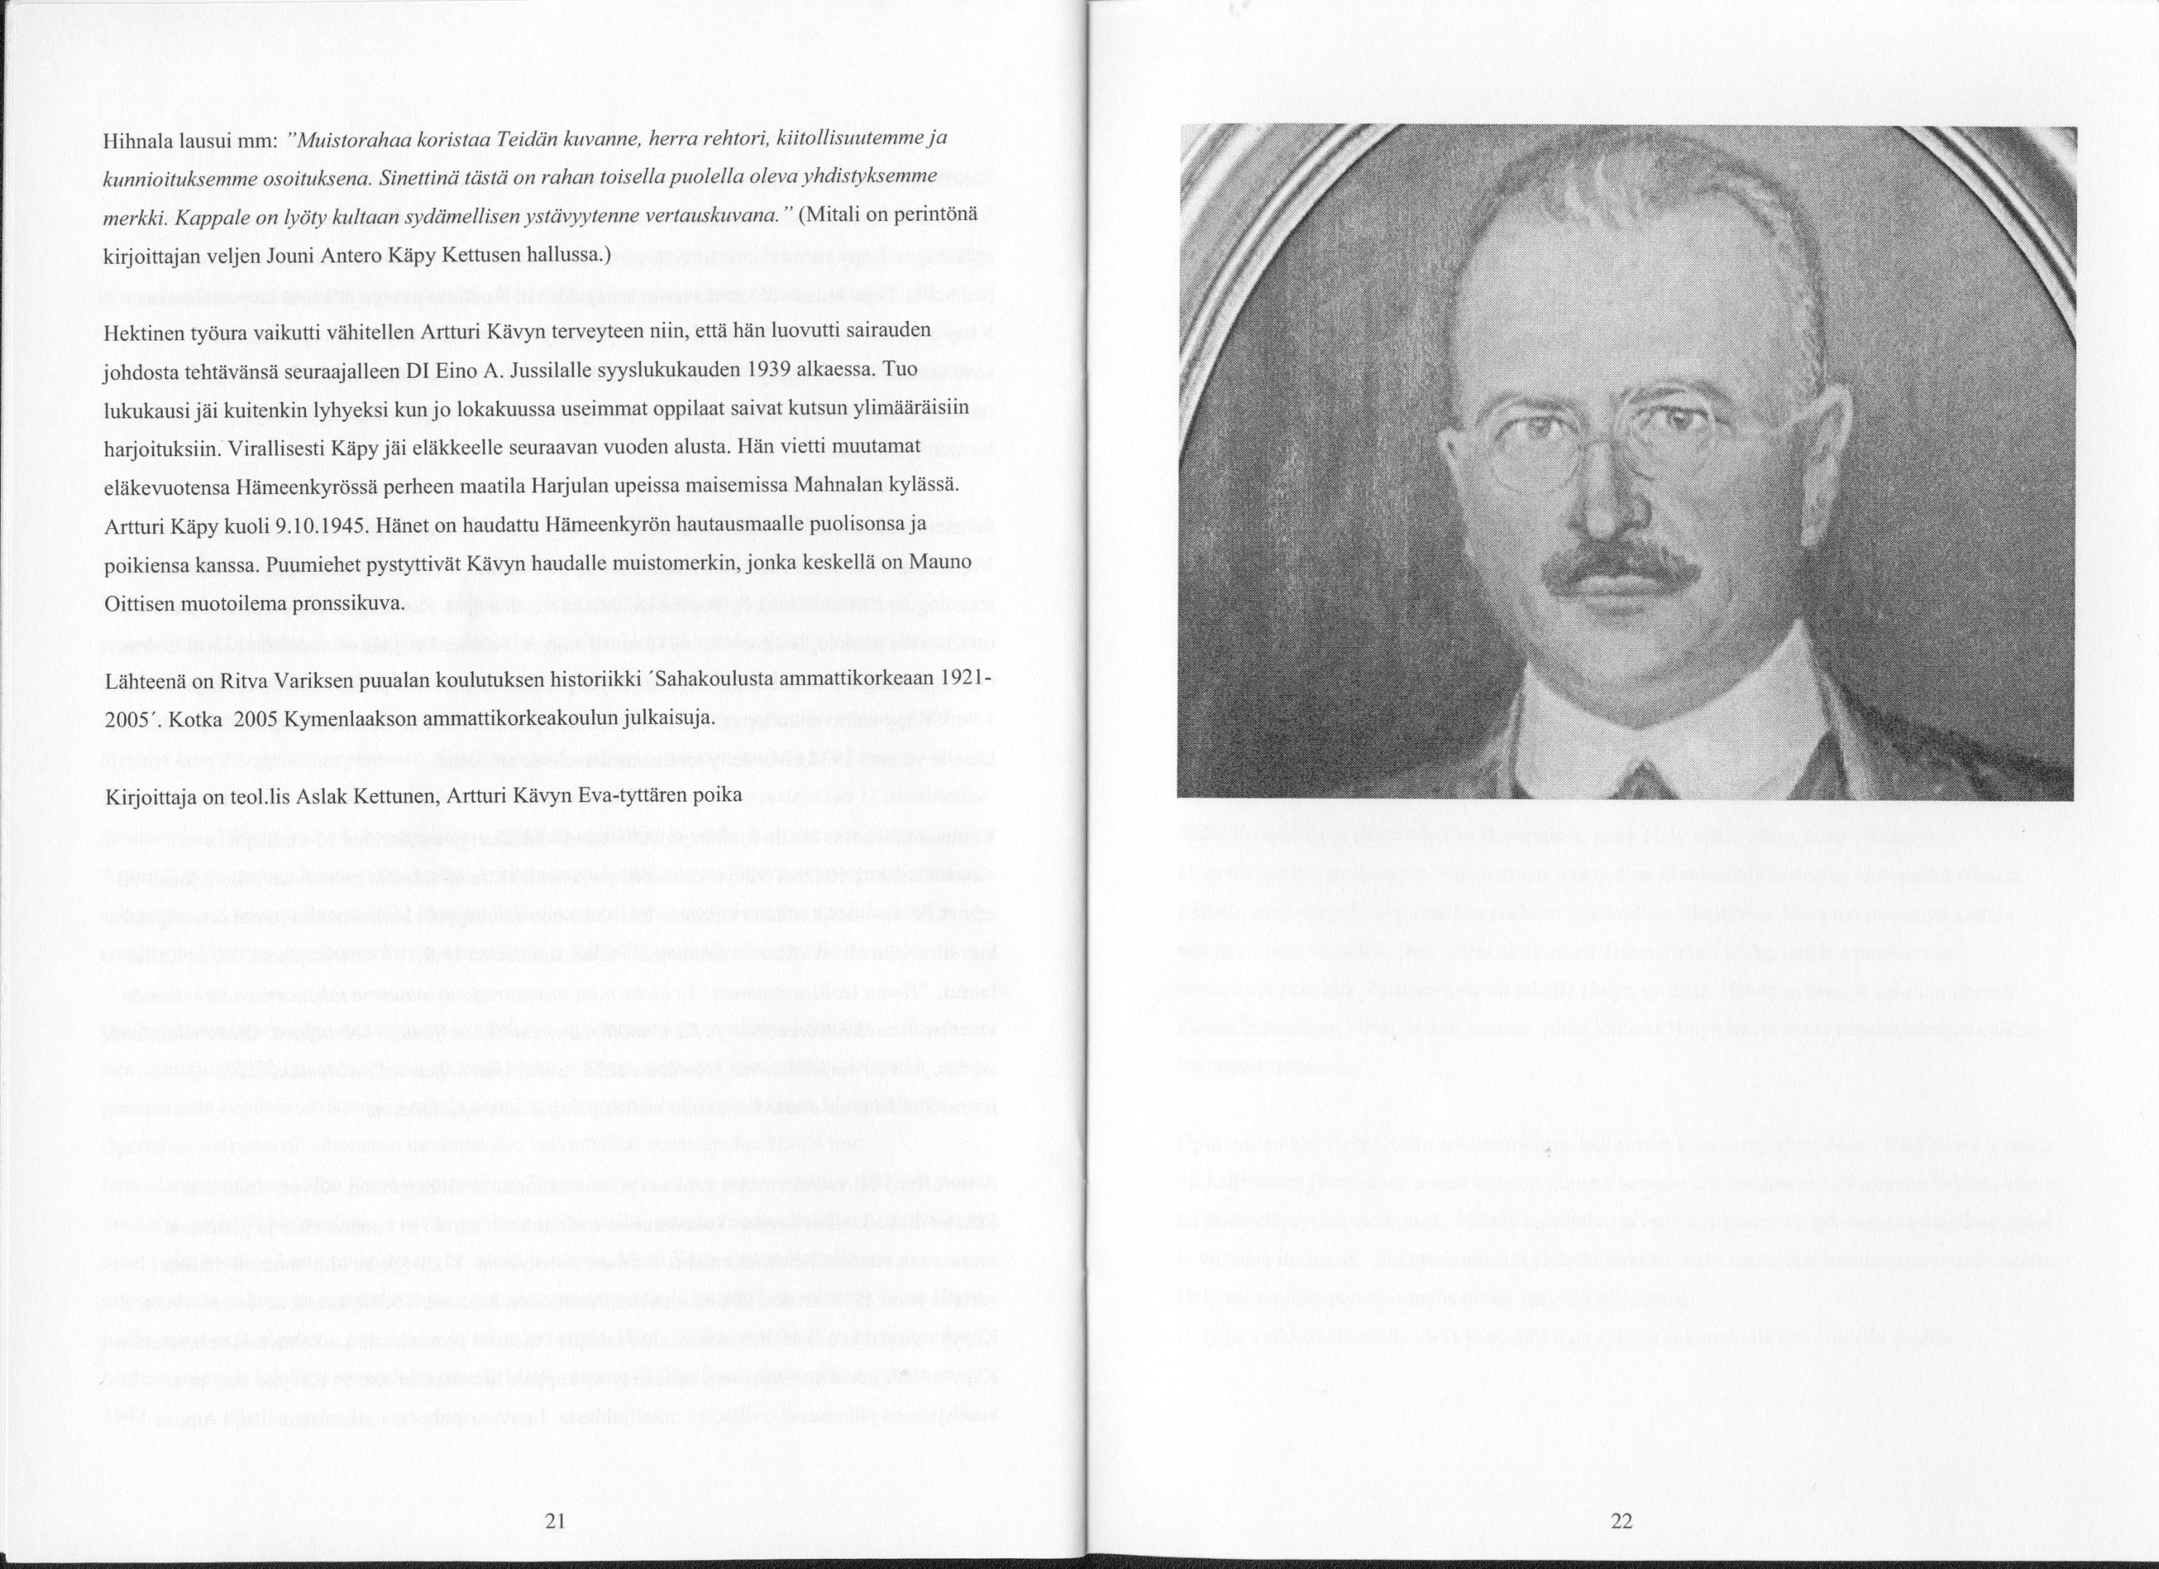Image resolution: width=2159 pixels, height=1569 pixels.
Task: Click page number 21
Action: tap(555, 1521)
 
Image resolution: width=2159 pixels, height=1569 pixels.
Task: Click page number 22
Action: tap(1622, 1521)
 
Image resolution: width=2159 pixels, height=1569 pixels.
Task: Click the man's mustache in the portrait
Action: tap(1621, 567)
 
